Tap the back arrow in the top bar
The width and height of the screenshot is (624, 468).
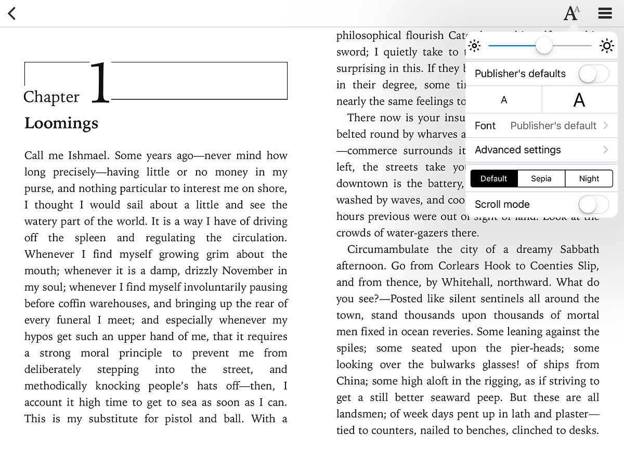pos(12,14)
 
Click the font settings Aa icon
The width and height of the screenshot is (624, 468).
pos(571,13)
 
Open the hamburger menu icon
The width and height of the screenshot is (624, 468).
pos(605,13)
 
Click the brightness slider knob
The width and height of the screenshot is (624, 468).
pos(544,46)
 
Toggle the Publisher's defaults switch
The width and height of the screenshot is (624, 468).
pos(593,74)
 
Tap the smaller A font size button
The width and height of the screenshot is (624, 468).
pos(503,100)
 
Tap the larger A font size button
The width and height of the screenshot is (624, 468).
pos(579,100)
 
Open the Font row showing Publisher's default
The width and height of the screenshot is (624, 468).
pos(541,126)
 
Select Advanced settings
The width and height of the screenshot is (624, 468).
pos(541,150)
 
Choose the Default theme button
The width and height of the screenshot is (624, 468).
pos(493,178)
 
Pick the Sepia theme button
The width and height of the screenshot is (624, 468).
pos(541,178)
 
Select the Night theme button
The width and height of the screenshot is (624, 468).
pos(589,178)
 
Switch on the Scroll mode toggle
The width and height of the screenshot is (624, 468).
pos(593,204)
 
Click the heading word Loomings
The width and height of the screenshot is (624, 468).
pos(61,123)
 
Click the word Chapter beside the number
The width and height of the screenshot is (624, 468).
pos(51,97)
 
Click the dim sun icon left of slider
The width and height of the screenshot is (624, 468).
pos(474,46)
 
